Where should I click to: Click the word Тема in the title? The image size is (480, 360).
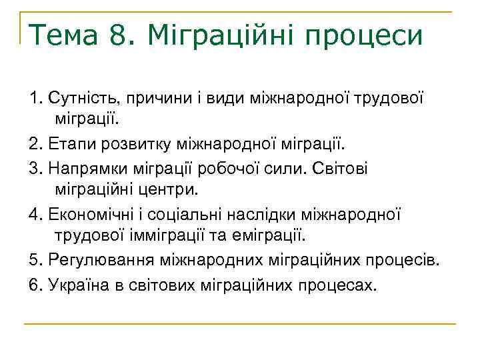[63, 35]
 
